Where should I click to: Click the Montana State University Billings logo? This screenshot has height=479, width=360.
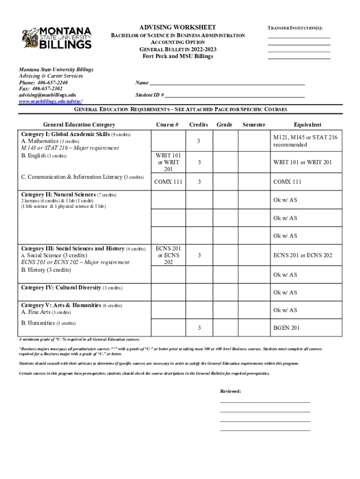(57, 38)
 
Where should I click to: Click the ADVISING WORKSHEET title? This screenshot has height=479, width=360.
(178, 28)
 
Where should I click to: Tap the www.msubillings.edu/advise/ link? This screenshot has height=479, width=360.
(51, 101)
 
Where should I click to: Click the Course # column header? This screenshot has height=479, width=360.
(167, 125)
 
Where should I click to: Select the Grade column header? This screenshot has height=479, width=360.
(224, 125)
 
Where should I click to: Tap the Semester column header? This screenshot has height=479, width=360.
(254, 125)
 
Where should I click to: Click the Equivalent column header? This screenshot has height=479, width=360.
(307, 125)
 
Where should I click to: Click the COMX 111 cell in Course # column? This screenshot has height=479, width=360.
(168, 182)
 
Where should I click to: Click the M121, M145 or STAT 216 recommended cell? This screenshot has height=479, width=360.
(305, 141)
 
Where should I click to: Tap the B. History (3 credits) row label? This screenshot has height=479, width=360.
(46, 270)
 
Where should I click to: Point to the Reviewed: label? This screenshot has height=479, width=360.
(230, 391)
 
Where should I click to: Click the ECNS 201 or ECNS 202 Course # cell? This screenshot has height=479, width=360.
(168, 255)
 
